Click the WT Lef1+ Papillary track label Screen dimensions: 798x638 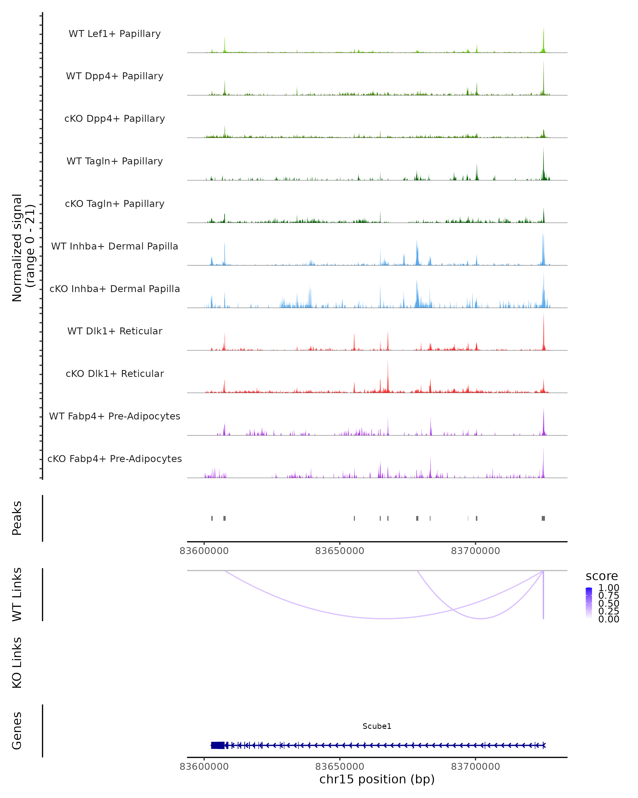coord(115,34)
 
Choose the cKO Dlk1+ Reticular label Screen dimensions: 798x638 coord(115,373)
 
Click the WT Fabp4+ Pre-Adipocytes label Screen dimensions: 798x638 coord(115,416)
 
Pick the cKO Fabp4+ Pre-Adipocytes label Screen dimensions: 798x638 coord(115,459)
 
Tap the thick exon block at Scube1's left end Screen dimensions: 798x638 coord(217,745)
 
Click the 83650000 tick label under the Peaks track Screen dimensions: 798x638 coord(339,551)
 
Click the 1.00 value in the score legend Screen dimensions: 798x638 coord(608,588)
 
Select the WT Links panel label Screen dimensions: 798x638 coord(17,595)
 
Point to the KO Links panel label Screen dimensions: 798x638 coord(17,663)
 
